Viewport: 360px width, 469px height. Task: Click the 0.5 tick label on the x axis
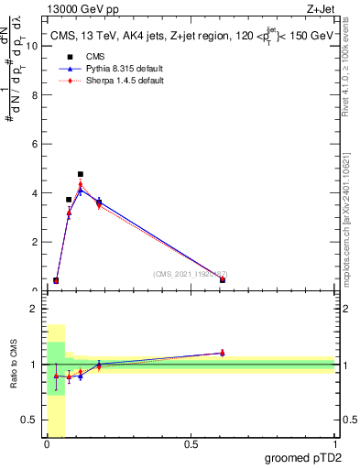(191, 444)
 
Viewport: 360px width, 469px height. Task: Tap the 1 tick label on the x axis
(334, 444)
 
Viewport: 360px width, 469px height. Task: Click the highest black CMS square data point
(81, 174)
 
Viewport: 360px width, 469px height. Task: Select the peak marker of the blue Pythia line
(81, 191)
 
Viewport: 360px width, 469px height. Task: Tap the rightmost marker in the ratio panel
(222, 353)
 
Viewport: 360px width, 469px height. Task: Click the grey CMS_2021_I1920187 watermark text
(190, 274)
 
